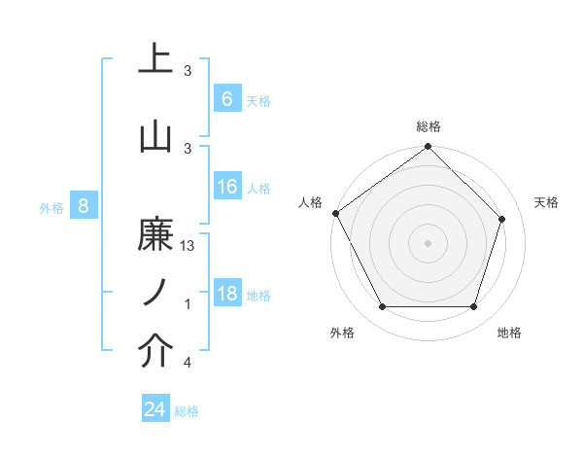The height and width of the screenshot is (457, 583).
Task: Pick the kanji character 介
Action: click(x=155, y=353)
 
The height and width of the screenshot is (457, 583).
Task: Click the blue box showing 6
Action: click(x=226, y=99)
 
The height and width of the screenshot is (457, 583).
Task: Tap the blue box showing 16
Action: click(x=226, y=188)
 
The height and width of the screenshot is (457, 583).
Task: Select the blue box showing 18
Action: click(x=226, y=294)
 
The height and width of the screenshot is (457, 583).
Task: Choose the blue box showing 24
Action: click(x=154, y=409)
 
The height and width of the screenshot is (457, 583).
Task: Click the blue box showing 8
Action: click(x=84, y=206)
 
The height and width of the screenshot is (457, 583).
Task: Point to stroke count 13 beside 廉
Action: click(x=188, y=247)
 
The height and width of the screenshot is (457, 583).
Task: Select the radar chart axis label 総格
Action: click(x=428, y=126)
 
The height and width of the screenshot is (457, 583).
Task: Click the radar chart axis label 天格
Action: click(x=546, y=202)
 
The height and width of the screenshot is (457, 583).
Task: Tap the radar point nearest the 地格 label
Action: click(x=473, y=307)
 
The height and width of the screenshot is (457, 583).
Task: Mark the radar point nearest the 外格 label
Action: click(x=382, y=307)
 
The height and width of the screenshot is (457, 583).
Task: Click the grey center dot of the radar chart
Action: click(x=428, y=243)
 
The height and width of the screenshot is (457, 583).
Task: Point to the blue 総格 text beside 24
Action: click(x=188, y=411)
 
